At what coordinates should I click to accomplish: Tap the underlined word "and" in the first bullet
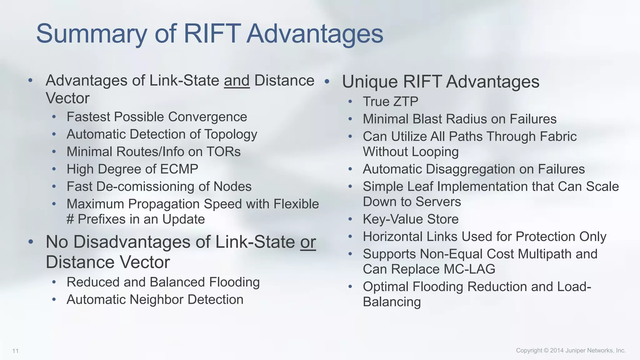(237, 81)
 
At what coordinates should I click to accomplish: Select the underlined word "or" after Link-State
(308, 242)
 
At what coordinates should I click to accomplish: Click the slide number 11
(15, 351)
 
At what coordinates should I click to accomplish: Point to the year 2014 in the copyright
(557, 350)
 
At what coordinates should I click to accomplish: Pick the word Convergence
(207, 117)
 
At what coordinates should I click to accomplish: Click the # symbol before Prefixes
(70, 219)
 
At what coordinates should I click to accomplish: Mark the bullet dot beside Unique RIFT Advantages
(327, 82)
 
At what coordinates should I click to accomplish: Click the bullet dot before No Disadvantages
(31, 242)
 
